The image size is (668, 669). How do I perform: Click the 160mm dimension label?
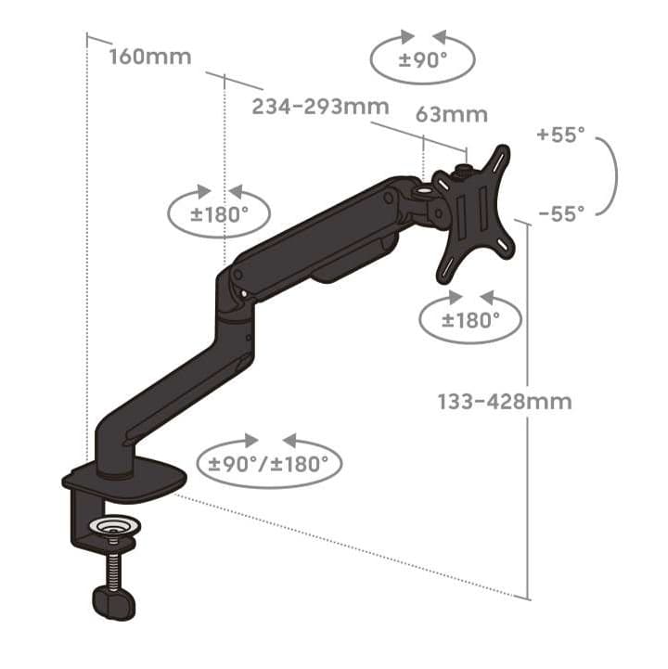pos(150,58)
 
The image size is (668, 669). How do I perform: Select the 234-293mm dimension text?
pos(320,106)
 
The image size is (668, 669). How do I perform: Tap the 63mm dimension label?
pos(451,115)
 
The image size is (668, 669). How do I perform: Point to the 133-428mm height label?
pos(505,402)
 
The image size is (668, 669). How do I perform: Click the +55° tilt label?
pos(561,135)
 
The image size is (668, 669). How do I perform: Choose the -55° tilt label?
pos(561,213)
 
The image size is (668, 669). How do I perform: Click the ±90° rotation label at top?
pos(423,60)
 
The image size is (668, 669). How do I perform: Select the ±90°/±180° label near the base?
pos(269,464)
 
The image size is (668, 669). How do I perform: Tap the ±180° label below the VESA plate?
pos(470,320)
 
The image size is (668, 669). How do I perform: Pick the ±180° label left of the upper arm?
pos(219,214)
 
